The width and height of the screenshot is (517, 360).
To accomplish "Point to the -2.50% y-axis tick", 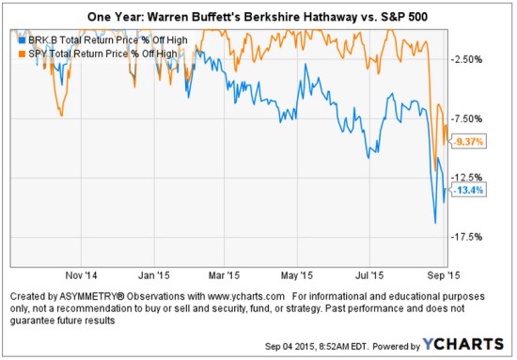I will (468, 59).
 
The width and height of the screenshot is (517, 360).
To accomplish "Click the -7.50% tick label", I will (468, 118).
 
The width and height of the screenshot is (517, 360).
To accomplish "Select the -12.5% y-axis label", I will (468, 178).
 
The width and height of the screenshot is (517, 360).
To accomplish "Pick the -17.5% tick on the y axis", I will (468, 237).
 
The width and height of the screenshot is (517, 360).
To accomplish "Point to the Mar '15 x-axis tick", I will (223, 276).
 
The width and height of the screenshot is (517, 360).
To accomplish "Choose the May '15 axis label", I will (297, 276).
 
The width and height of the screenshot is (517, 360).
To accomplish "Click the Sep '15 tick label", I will (441, 276).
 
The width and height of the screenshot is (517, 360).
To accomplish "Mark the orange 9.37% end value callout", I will (468, 141).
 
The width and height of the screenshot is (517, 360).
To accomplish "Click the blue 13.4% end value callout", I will (468, 190).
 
